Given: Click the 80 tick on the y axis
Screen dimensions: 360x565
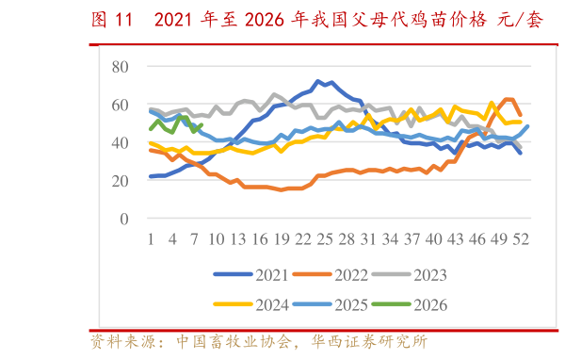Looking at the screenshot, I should [120, 66].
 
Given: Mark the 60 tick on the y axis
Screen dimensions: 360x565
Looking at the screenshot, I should [120, 105].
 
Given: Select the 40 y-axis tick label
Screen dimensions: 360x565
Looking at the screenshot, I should [120, 142].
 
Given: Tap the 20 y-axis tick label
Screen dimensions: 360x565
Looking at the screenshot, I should [120, 181].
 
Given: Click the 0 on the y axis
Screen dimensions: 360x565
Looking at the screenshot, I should [124, 219].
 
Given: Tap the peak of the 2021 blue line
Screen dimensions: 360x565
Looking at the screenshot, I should [318, 81].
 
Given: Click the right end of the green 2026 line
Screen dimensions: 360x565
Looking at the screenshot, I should [202, 124].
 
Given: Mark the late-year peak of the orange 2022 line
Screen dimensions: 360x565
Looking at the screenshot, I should [509, 98].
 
